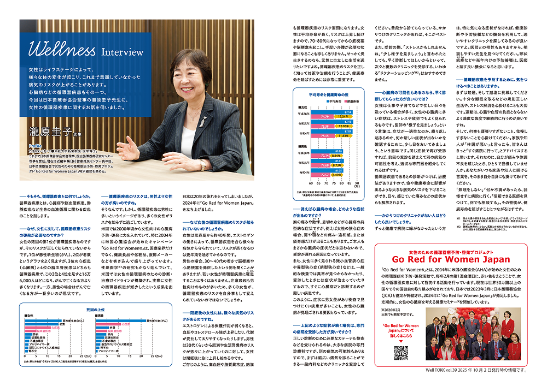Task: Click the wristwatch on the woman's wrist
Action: coord(202,164)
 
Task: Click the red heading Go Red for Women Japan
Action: coord(452,244)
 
